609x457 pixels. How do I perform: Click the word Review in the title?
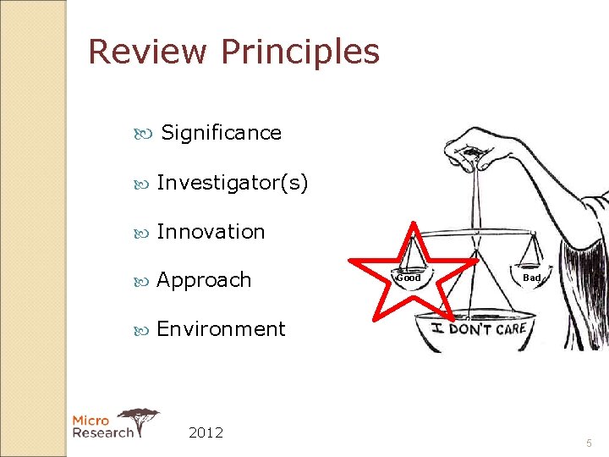coord(147,52)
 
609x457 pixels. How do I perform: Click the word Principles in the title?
coord(300,52)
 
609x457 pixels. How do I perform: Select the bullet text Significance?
coord(221,133)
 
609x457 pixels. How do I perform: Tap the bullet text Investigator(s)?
coord(233,183)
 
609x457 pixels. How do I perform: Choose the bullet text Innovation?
coord(211,232)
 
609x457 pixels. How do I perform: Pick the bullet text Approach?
coord(204,280)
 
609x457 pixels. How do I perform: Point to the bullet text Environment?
coord(221,329)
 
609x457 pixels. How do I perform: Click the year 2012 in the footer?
coord(206,432)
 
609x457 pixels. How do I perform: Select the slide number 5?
coord(589,443)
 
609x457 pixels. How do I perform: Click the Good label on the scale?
coord(409,278)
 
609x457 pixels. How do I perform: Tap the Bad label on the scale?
coord(531,278)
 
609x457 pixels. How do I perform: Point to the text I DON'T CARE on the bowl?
coord(480,328)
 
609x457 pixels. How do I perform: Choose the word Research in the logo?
coord(102,432)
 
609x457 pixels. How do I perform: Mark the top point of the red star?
coord(413,224)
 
